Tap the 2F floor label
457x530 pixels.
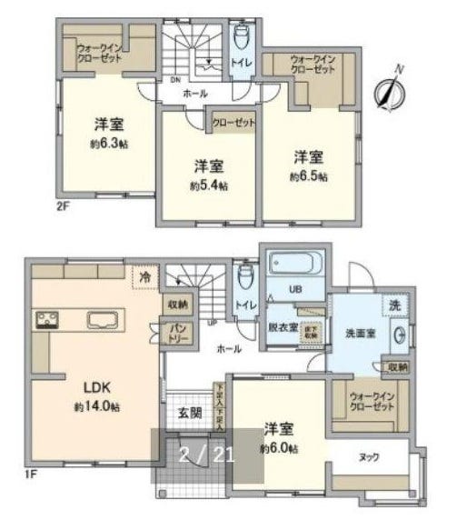62,206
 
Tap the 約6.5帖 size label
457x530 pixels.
309,175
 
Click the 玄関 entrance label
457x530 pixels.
189,414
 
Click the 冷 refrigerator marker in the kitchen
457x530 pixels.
144,274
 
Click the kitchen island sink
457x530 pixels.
103,319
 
